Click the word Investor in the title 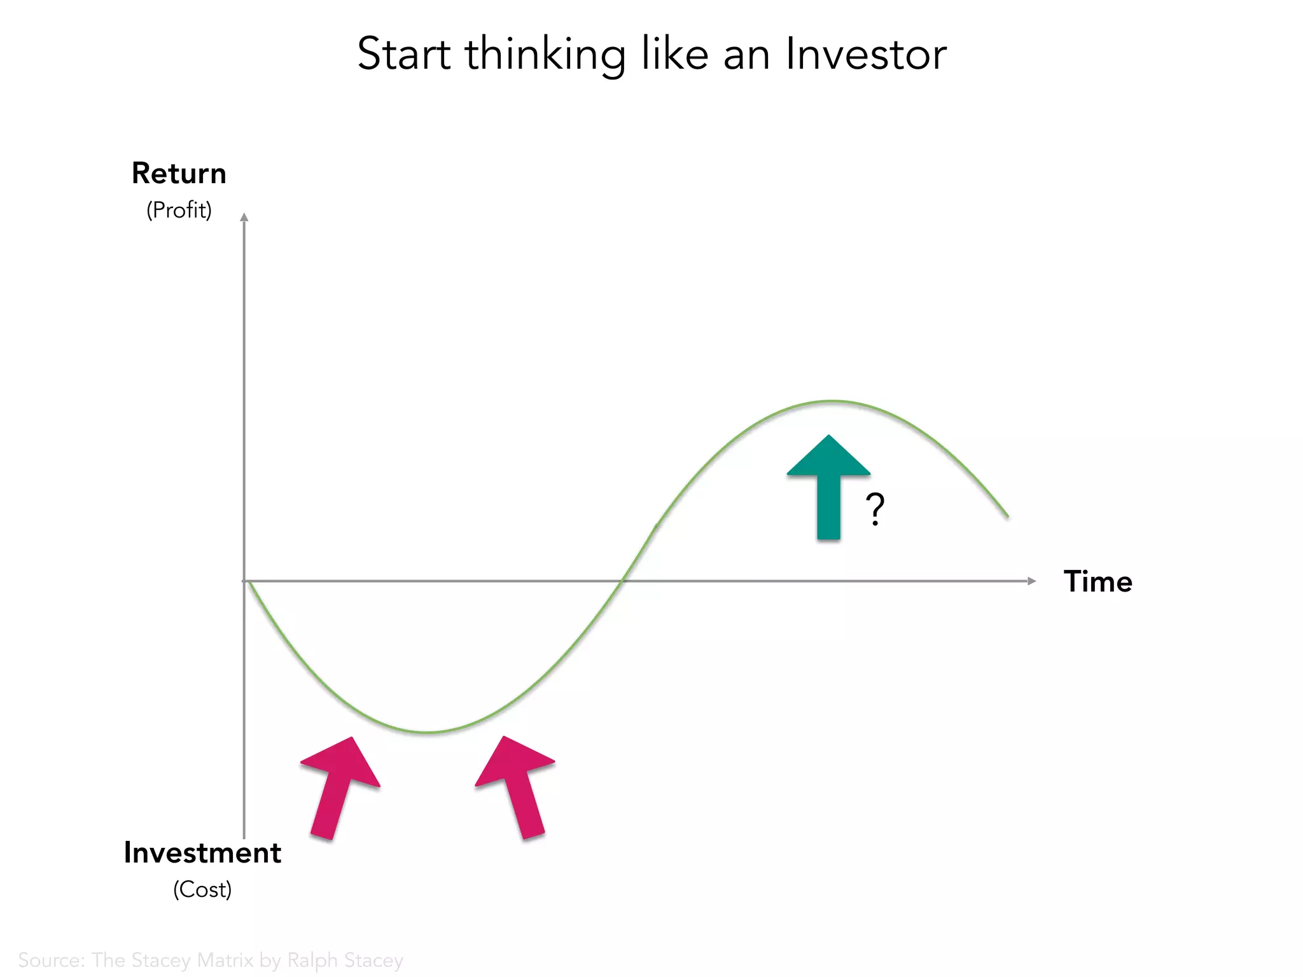pos(866,54)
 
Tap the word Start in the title pos(404,54)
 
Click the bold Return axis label pos(179,174)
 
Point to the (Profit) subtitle pos(179,210)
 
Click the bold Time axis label pos(1097,581)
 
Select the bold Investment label pos(202,853)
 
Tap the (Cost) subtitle pos(202,889)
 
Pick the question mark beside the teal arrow pos(875,509)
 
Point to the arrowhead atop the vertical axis pos(244,218)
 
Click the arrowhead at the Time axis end pos(1032,581)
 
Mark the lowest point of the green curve pos(428,733)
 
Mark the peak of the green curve pos(831,401)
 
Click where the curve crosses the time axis pos(622,581)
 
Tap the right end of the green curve pos(1007,516)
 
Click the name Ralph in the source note pos(312,960)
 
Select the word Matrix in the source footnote pos(225,960)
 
